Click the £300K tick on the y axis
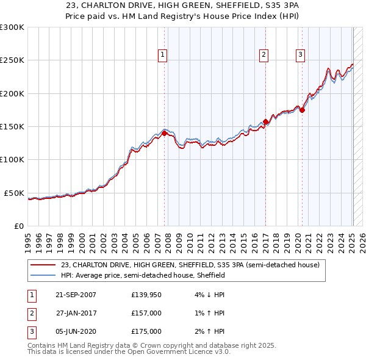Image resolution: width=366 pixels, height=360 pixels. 12,27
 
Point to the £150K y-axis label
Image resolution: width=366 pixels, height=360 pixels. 12,126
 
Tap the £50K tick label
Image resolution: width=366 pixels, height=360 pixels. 14,193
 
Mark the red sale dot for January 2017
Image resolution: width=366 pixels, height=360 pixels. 265,122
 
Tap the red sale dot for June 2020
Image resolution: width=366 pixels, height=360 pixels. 302,110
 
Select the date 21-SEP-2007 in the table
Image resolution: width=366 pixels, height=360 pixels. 76,295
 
